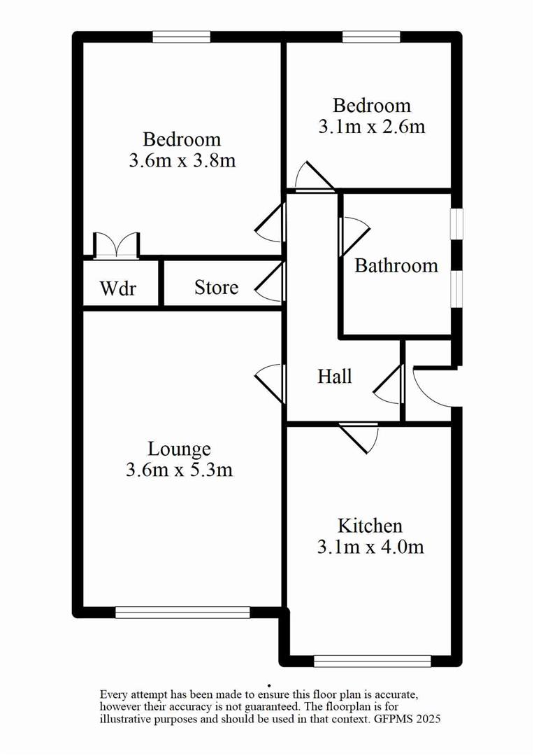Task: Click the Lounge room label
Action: coord(179,448)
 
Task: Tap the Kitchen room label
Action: coord(370,525)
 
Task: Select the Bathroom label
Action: coord(396,266)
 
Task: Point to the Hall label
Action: coord(335,377)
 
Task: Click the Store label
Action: coord(216,288)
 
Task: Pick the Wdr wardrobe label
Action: coord(117,288)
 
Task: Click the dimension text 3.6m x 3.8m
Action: coord(182,161)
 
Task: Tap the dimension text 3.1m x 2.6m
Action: coord(372,127)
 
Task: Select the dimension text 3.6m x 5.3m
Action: coord(179,470)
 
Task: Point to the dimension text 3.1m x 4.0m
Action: coord(370,547)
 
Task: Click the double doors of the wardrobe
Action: coord(117,245)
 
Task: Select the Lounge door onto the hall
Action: coord(271,381)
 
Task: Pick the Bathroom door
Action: coord(354,237)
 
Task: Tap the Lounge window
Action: coord(182,612)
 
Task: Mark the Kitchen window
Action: coord(372,660)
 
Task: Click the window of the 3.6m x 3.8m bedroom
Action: coord(182,37)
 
